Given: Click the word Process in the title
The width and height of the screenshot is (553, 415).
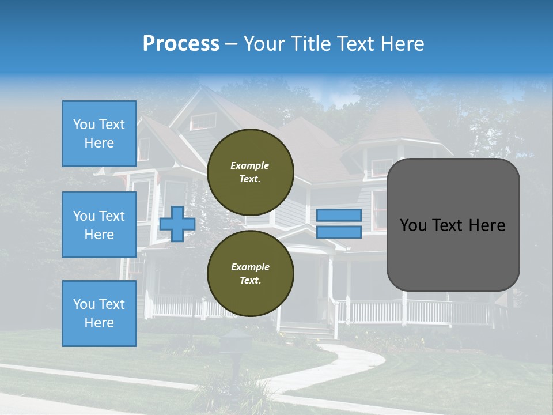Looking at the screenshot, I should (x=181, y=44).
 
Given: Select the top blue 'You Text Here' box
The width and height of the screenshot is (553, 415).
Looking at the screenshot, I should (x=99, y=134).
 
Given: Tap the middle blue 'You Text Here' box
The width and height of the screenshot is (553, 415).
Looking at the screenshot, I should (x=99, y=225).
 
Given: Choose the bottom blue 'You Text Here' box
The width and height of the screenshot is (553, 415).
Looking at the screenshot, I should (x=99, y=313).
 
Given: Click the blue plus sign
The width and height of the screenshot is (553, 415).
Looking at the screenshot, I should (x=177, y=224).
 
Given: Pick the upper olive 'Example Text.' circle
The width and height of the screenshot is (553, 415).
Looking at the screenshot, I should (x=250, y=172).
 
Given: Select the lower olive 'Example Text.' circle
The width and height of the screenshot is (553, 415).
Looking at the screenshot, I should (x=250, y=273).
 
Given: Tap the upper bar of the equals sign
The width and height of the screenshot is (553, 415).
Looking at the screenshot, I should (x=339, y=215).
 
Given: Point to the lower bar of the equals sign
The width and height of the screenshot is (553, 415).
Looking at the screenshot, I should (x=339, y=232).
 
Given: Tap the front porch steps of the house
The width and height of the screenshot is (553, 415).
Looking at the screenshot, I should (x=305, y=331).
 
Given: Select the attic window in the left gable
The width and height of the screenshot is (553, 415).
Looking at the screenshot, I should (x=203, y=122).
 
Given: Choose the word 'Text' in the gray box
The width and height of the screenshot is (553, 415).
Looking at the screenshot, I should (x=450, y=225).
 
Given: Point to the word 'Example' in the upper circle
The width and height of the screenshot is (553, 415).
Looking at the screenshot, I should (x=250, y=165).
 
